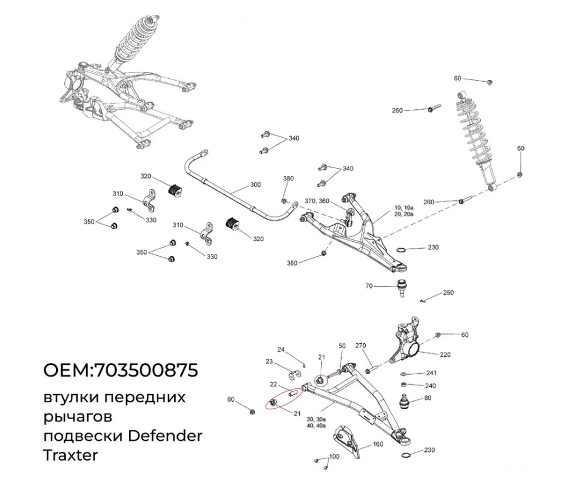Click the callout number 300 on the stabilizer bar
(x=255, y=184)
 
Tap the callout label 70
(x=369, y=286)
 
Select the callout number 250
(x=448, y=292)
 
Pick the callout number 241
(x=431, y=372)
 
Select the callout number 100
(x=334, y=457)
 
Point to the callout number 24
(x=281, y=350)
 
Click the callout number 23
(x=269, y=362)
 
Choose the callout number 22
(x=273, y=384)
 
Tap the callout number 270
(x=361, y=346)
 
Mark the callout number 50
(x=342, y=346)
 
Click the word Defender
(x=165, y=436)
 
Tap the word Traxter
(x=70, y=455)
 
